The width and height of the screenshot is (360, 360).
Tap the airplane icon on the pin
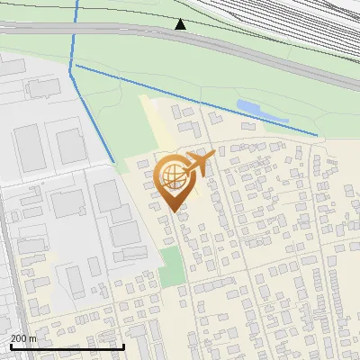click(198, 165)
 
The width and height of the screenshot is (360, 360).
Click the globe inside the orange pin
click(171, 175)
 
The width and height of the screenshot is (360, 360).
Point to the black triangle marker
click(181, 24)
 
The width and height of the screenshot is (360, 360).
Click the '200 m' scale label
click(23, 338)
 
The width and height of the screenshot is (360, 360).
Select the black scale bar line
click(67, 346)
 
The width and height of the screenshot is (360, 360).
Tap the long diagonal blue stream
click(198, 99)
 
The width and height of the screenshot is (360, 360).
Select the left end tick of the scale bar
click(11, 346)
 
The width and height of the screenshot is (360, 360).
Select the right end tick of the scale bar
click(123, 346)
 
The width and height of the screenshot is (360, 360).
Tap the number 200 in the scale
click(19, 338)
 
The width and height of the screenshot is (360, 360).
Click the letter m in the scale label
click(32, 338)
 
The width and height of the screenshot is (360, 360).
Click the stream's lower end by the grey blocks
click(112, 160)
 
